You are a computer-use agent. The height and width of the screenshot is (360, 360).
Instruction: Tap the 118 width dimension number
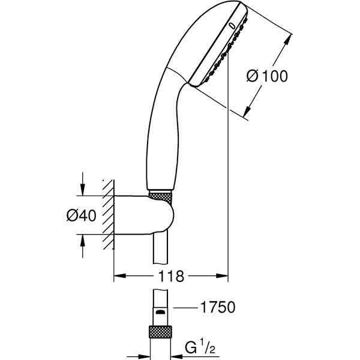pos(171,277)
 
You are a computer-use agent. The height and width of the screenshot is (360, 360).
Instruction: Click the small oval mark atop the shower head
pos(232,26)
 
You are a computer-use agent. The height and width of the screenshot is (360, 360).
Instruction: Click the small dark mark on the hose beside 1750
pos(159,312)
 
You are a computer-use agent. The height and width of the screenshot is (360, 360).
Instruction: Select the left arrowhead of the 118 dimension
pos(118,277)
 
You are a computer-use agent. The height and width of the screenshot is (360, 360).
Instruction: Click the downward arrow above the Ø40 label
pos(83,190)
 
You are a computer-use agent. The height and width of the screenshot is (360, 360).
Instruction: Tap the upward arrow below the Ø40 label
pos(83,239)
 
